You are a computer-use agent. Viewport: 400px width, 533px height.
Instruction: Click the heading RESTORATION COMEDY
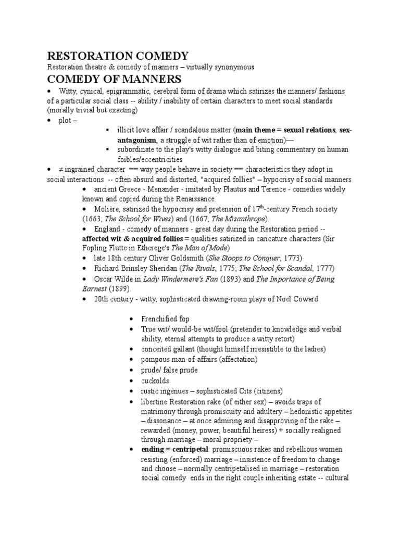[x=118, y=56]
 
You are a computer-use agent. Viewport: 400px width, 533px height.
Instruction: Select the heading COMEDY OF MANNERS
[x=114, y=79]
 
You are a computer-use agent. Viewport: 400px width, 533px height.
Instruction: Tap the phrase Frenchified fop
[x=165, y=319]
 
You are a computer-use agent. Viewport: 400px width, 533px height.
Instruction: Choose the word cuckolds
[x=155, y=380]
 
